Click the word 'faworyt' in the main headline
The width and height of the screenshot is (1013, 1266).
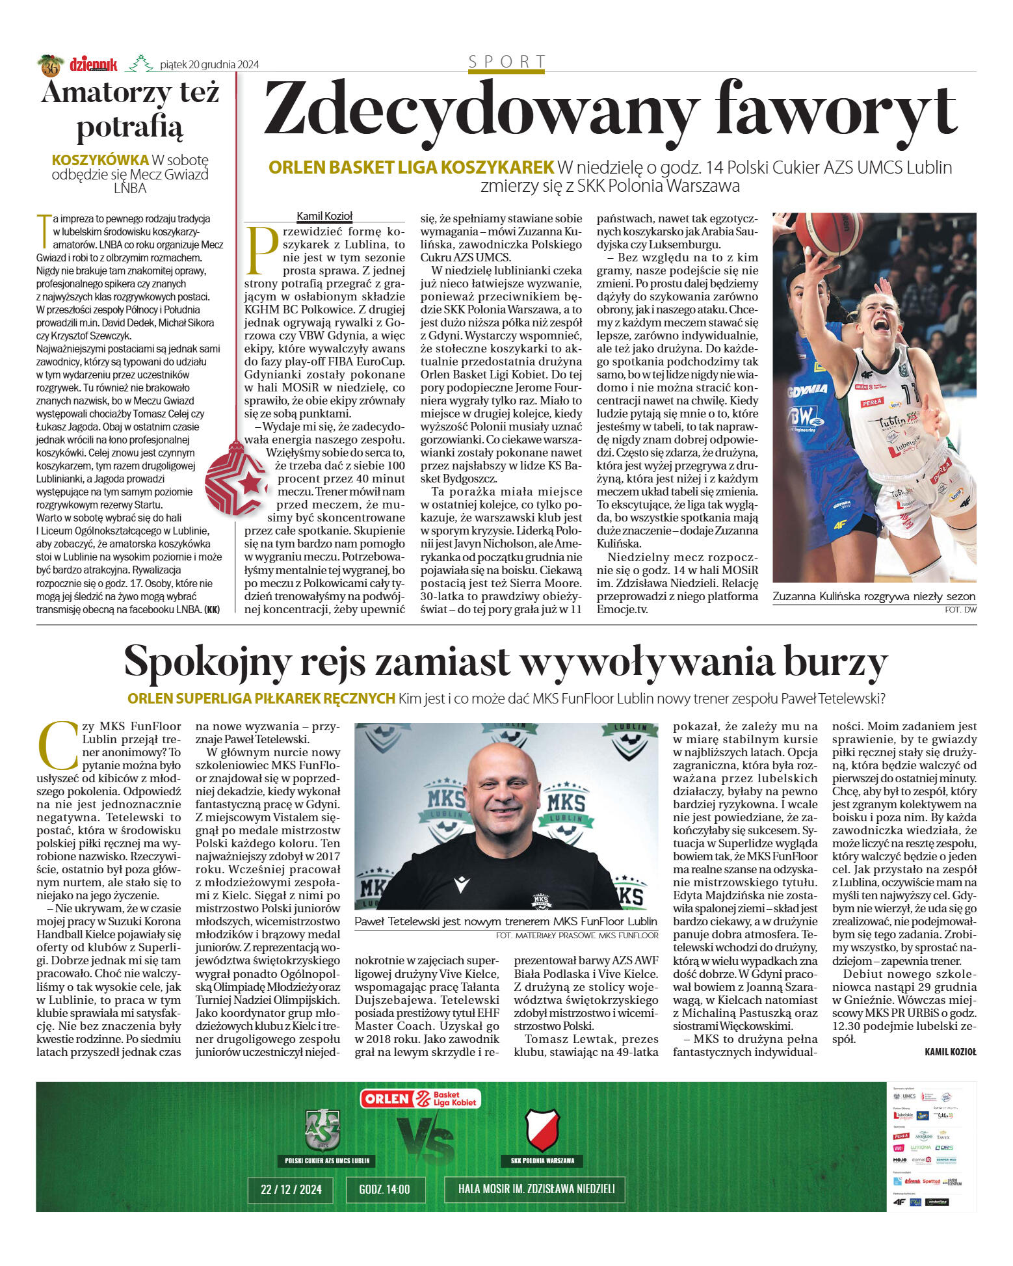point(835,111)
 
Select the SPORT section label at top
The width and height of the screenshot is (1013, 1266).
point(506,62)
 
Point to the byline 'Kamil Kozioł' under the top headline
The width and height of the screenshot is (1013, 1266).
point(324,217)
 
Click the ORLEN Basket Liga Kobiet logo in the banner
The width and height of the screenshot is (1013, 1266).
point(421,1098)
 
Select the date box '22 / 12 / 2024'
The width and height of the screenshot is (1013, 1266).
point(291,1189)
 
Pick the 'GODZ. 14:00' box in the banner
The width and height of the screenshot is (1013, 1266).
point(384,1189)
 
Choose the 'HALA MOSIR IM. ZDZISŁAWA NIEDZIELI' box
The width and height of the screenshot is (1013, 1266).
point(536,1189)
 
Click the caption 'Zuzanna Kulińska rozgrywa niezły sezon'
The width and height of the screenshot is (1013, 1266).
point(873,596)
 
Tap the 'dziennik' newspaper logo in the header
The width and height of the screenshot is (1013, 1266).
point(94,64)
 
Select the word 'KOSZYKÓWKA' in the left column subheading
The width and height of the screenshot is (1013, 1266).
point(100,159)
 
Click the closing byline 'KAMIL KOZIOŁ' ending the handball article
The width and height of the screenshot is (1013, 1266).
point(950,1051)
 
